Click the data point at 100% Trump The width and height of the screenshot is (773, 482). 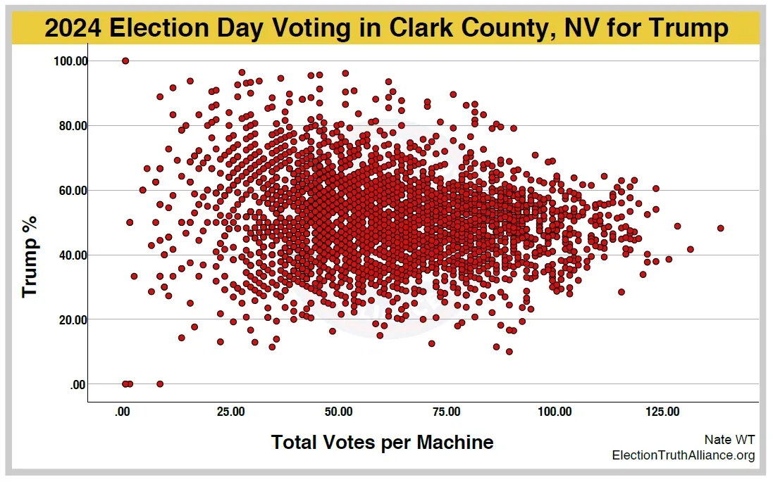pos(125,61)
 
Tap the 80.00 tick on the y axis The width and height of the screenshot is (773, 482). pos(70,126)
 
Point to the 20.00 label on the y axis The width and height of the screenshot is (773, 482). pos(70,320)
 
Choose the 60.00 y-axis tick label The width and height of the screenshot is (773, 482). pos(70,191)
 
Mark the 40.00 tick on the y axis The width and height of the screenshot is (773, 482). pos(70,255)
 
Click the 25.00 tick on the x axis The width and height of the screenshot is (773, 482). pos(231,412)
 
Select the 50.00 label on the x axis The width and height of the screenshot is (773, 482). pos(339,412)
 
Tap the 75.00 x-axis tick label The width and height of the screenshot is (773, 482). pos(447,412)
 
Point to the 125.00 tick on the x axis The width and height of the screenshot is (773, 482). pos(663,412)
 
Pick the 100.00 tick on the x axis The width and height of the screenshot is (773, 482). pos(555,412)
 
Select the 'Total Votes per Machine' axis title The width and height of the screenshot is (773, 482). pos(383,443)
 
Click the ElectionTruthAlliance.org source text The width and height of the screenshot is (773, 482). pos(683,456)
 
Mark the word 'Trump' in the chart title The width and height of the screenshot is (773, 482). pos(686,28)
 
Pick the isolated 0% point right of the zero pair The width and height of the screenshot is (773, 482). pos(160,384)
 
